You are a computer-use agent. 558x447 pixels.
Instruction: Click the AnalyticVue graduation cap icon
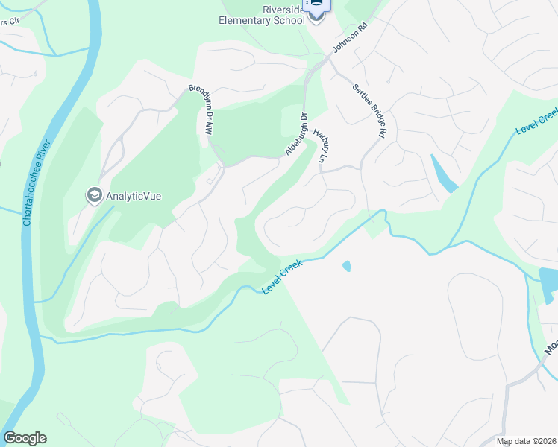tap(95, 196)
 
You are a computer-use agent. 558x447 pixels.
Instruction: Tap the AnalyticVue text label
tap(134, 197)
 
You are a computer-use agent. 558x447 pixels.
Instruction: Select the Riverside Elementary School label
tap(262, 15)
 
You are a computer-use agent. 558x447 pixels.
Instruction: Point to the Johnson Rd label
tap(351, 37)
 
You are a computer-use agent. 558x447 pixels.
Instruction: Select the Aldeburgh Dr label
tap(296, 135)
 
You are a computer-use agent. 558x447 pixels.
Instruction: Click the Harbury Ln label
tap(322, 146)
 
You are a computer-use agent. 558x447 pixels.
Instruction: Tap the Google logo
tap(25, 438)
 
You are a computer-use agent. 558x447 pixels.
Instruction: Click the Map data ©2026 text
tap(525, 441)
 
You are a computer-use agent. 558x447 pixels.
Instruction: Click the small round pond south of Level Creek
tap(346, 266)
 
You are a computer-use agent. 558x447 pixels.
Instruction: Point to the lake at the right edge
tap(549, 283)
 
